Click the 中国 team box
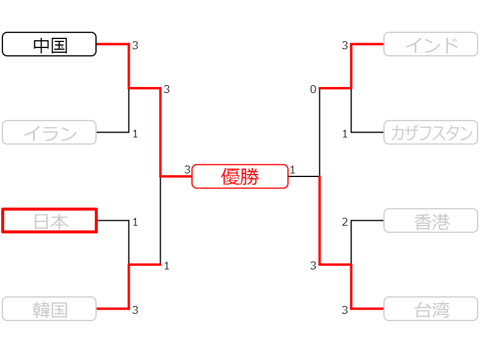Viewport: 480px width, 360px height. tap(49, 44)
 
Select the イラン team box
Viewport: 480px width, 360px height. tap(49, 133)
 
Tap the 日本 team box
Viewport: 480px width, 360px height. tap(49, 221)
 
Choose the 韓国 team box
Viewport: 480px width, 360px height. tap(49, 309)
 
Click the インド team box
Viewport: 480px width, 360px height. tap(431, 44)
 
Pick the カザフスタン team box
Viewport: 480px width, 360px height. tap(431, 133)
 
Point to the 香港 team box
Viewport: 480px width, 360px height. tap(431, 221)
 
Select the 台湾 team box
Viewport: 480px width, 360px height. tap(431, 309)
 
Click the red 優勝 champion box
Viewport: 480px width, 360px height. tap(240, 176)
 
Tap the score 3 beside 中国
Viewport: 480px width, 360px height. tap(135, 46)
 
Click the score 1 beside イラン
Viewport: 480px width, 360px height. tap(135, 134)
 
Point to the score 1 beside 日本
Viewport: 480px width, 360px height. tap(135, 222)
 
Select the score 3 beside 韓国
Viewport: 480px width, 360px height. tap(135, 310)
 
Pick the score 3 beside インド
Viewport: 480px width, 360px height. tap(345, 46)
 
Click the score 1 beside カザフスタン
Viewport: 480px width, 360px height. tap(345, 134)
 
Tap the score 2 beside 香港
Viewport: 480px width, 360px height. tap(345, 222)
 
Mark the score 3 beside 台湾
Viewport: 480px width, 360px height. tap(345, 310)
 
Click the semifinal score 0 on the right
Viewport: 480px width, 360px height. tap(313, 89)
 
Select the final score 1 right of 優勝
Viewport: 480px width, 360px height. tap(292, 170)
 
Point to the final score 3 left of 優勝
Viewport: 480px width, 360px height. tap(187, 170)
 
